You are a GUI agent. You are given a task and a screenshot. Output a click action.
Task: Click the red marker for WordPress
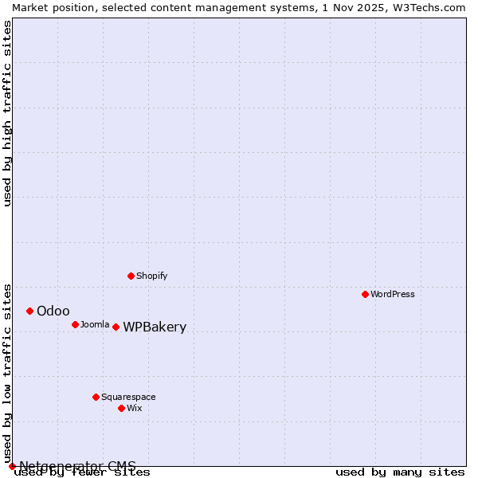[x=365, y=294]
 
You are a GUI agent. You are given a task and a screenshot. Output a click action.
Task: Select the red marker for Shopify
[x=131, y=276]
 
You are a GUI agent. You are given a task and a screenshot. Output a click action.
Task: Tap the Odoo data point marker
[x=29, y=311]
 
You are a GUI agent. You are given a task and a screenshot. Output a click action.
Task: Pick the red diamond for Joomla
[x=75, y=324]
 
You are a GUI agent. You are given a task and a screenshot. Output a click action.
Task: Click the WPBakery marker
[x=116, y=327]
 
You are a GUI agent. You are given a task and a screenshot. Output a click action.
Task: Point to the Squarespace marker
[x=96, y=397]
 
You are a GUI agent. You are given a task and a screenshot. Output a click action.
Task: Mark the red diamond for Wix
[x=121, y=408]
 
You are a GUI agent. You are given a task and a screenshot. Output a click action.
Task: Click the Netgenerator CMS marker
[x=12, y=466]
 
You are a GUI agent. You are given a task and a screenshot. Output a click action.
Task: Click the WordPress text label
[x=393, y=294]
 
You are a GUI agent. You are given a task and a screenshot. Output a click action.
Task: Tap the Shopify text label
[x=151, y=276]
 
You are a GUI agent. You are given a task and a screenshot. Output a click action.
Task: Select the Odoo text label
[x=53, y=311]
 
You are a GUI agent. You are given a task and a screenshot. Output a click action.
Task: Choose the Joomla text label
[x=95, y=324]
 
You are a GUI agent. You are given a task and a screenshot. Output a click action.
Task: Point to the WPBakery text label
[x=155, y=327]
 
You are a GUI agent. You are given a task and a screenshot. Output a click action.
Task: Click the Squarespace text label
[x=128, y=397]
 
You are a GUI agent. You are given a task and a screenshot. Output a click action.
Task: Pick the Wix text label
[x=134, y=408]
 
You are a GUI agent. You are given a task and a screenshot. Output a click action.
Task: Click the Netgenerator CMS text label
[x=77, y=466]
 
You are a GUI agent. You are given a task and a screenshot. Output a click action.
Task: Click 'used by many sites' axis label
[x=400, y=472]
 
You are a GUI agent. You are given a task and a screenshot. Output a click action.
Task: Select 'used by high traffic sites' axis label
[x=8, y=113]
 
